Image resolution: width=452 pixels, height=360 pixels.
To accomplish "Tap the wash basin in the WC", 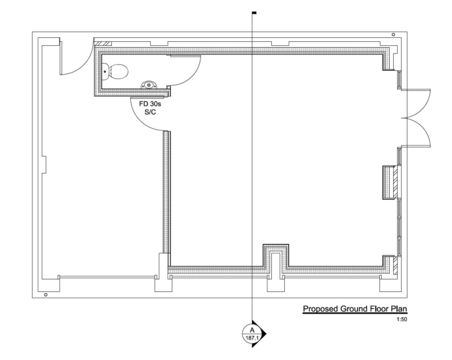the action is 149,85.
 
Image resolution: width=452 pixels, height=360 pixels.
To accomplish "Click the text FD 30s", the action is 150,104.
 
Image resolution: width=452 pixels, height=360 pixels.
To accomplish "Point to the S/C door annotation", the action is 150,112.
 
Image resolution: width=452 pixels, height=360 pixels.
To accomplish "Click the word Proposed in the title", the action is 320,309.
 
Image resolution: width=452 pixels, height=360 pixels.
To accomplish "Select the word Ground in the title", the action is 354,309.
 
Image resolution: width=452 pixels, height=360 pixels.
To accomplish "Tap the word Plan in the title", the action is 399,309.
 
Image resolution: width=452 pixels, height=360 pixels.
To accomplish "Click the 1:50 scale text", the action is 402,319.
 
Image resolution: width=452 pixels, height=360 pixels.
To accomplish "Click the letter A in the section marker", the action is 252,331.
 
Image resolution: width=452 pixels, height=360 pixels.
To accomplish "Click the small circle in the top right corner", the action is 394,35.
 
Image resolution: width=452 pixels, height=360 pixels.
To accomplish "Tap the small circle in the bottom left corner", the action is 46,295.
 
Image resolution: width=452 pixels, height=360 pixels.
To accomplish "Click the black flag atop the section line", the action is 254,12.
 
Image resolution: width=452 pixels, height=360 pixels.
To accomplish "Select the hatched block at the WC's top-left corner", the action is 103,44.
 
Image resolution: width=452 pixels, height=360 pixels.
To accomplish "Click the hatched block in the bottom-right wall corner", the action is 395,265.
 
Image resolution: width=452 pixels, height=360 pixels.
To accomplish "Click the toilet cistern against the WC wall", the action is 105,72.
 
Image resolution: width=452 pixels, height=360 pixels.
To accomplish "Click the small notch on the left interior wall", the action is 44,165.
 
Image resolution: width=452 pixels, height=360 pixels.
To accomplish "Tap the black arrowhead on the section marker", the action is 259,334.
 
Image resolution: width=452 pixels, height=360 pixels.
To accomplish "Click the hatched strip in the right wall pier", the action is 395,183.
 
